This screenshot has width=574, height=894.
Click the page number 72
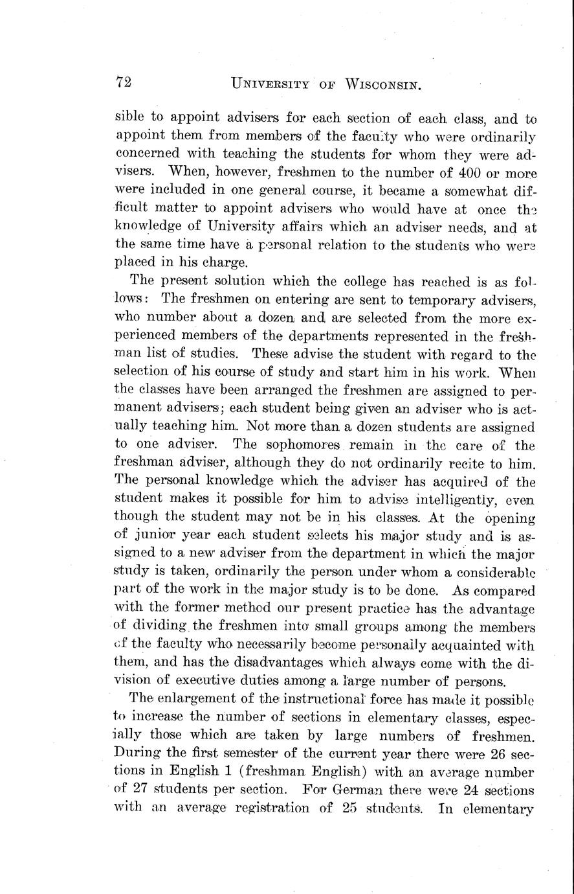[124, 82]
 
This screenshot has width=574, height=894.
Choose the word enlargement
[204, 700]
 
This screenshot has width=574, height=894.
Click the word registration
[247, 808]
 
